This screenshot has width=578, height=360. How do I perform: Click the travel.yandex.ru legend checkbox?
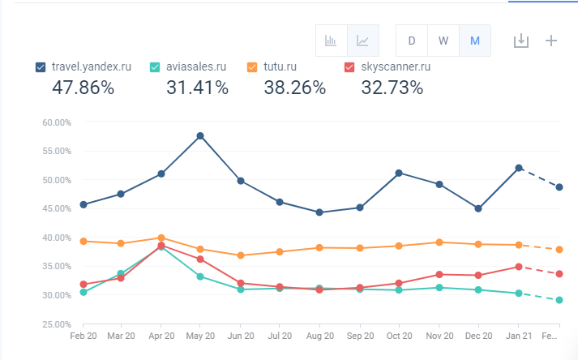point(41,67)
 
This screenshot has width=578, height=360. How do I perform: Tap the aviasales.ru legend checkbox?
point(156,67)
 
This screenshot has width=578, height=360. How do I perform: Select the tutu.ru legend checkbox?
point(252,67)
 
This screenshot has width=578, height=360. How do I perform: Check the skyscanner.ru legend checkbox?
point(349,67)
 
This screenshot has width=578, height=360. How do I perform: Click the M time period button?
point(474,41)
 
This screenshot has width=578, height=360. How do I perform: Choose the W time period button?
point(443,41)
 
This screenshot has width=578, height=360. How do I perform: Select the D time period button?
point(412,41)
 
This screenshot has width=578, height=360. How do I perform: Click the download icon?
point(521,41)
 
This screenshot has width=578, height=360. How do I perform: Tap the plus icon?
point(551,41)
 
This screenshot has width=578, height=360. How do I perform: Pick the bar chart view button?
point(332,41)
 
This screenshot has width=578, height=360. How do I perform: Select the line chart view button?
point(362,41)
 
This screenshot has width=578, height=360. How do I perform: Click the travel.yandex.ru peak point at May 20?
point(200,135)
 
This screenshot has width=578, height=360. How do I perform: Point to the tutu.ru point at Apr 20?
point(161,238)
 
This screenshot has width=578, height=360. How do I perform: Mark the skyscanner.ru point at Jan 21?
point(519,267)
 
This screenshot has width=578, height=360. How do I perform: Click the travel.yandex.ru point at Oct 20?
point(399,173)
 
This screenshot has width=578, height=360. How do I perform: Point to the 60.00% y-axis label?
point(57,122)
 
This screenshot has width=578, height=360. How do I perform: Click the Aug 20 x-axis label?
point(319,335)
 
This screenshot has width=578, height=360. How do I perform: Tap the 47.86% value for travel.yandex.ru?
point(83,88)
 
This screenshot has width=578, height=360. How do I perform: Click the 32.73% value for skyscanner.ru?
point(392,88)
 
